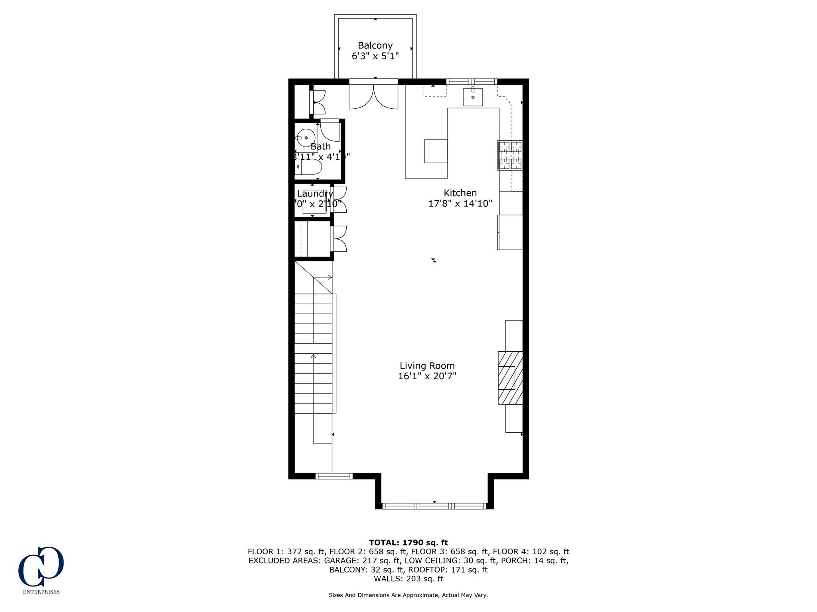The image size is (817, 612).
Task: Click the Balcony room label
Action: click(x=375, y=45)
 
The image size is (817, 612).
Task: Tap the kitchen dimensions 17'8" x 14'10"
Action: click(x=460, y=204)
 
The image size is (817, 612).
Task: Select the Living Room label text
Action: click(x=427, y=366)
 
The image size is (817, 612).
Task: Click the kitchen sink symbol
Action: click(x=473, y=97)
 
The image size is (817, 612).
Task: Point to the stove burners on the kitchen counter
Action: click(x=510, y=155)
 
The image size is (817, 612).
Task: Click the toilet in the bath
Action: click(x=309, y=167)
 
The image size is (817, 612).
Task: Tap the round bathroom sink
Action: click(x=306, y=138)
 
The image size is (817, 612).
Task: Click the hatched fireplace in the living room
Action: click(x=510, y=377)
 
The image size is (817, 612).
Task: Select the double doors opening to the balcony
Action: click(x=373, y=97)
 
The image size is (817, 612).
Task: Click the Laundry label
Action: click(x=315, y=194)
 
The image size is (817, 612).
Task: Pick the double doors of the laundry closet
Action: click(x=339, y=200)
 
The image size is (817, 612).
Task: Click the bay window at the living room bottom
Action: click(x=434, y=506)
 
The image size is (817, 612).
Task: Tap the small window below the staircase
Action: click(x=334, y=476)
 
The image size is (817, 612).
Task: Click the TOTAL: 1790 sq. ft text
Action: click(x=408, y=542)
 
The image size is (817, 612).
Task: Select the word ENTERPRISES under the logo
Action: click(x=41, y=592)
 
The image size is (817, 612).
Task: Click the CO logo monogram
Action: click(x=41, y=566)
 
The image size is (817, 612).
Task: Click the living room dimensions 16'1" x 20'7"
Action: click(x=427, y=376)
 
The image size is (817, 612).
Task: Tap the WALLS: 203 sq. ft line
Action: click(x=408, y=579)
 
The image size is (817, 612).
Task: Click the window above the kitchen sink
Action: click(x=472, y=82)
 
